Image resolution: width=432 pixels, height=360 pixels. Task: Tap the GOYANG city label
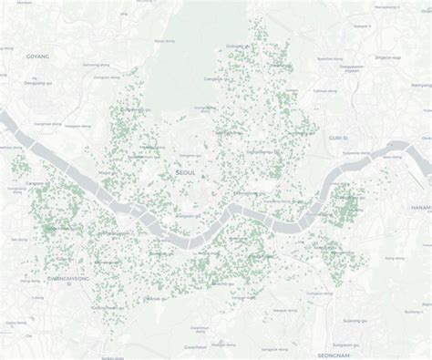(37, 55)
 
